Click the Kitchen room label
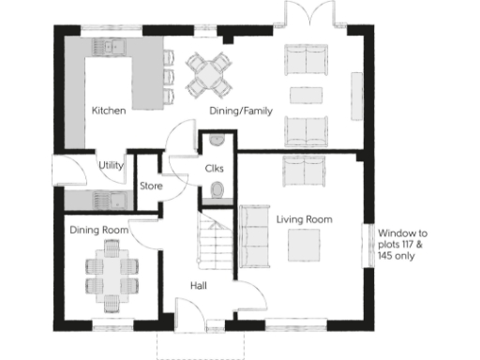point(109,111)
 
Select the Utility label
point(112,165)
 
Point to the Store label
point(151,186)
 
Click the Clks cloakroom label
point(213,168)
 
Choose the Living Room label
point(304,218)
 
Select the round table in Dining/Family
point(208,73)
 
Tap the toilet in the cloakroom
point(217,192)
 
